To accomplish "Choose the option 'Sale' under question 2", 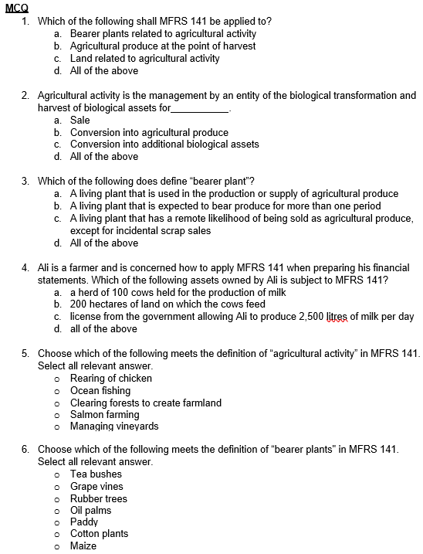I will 80,121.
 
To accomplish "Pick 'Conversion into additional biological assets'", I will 164,144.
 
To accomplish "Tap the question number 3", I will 25,181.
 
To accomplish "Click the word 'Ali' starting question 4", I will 45,267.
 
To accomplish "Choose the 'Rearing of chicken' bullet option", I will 110,379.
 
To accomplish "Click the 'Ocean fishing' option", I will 100,391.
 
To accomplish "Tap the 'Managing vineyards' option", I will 114,427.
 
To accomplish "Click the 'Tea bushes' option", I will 96,474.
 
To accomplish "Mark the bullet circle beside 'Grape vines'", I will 57,487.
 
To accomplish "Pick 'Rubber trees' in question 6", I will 98,498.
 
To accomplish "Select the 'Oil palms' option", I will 90,510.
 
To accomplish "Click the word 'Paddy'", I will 84,522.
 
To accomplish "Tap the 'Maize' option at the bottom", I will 83,546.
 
